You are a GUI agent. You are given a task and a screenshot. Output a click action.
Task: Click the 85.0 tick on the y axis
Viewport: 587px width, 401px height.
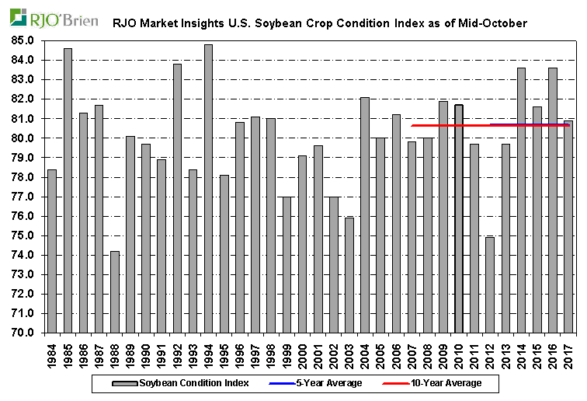coord(23,40)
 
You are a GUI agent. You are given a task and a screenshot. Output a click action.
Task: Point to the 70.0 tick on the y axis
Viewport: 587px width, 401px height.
coord(23,333)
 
